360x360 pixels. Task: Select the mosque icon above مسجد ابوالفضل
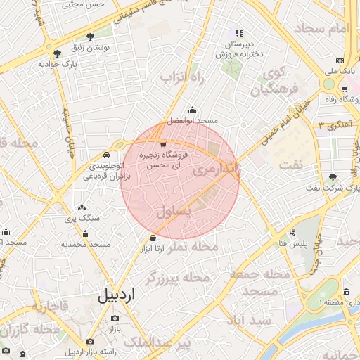click(x=193, y=110)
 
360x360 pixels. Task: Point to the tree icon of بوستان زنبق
click(x=89, y=37)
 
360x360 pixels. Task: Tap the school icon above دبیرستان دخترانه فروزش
click(x=239, y=32)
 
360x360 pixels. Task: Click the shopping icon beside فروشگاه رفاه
click(x=344, y=89)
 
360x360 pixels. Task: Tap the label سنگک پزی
click(x=83, y=219)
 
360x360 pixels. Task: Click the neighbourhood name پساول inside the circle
click(x=172, y=210)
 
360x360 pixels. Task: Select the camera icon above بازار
click(x=114, y=319)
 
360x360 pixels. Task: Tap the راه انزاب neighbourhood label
click(x=182, y=77)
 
